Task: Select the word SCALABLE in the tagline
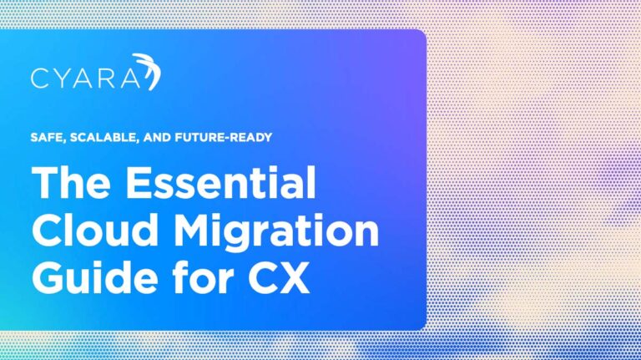pos(94,137)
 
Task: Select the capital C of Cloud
pos(48,231)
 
